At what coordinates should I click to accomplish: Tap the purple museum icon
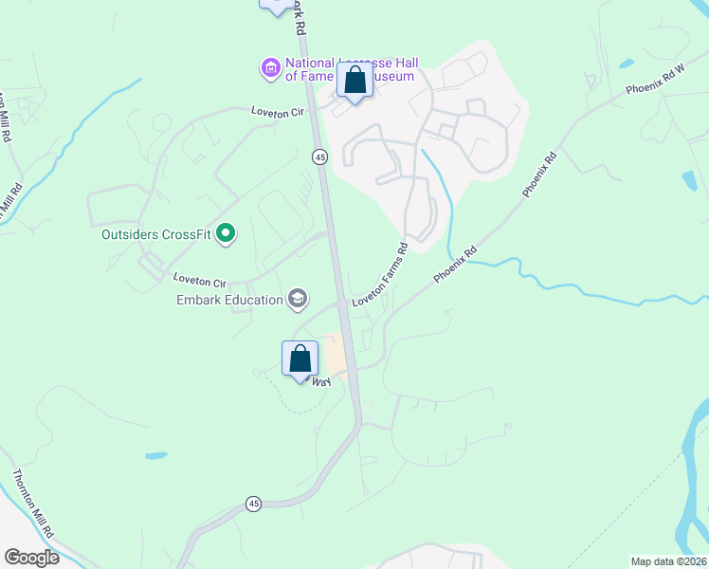coord(271,67)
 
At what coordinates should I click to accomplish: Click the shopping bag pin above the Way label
coord(300,360)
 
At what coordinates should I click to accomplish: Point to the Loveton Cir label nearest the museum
coord(277,112)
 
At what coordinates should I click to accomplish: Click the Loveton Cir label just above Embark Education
coord(200,282)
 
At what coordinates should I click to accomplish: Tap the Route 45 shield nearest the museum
coord(320,156)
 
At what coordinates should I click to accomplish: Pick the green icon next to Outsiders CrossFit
coord(226,232)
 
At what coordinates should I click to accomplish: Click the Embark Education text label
coord(230,300)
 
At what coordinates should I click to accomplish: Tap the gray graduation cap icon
coord(298,300)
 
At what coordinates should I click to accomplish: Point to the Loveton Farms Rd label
coord(380,275)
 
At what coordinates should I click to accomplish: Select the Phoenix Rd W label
coord(655,82)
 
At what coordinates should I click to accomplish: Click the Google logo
coord(32,558)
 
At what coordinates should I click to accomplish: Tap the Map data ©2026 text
coord(668,561)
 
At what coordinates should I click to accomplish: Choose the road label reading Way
coord(321,380)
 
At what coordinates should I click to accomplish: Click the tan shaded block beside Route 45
coord(333,357)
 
